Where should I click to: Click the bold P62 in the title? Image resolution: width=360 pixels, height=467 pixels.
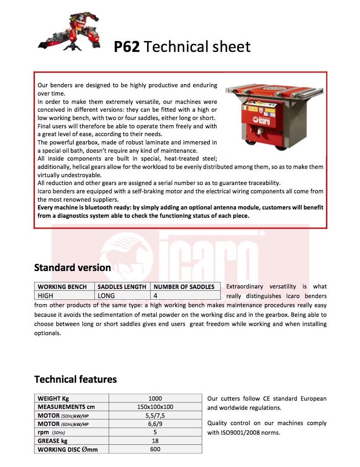pyautogui.click(x=127, y=47)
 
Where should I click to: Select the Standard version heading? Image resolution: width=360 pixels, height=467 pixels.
pyautogui.click(x=73, y=268)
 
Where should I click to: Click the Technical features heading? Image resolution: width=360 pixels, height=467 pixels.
pyautogui.click(x=76, y=379)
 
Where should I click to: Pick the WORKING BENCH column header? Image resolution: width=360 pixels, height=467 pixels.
pyautogui.click(x=65, y=287)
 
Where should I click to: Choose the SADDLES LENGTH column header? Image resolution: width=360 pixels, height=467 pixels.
pyautogui.click(x=122, y=287)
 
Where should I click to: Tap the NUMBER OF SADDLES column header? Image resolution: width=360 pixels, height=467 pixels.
pyautogui.click(x=184, y=287)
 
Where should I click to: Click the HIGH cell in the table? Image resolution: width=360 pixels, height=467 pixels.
pyautogui.click(x=45, y=295)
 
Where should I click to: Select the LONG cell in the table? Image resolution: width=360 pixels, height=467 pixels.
pyautogui.click(x=106, y=295)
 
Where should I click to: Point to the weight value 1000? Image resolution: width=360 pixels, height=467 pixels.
pyautogui.click(x=155, y=398)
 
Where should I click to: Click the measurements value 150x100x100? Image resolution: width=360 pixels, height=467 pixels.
pyautogui.click(x=155, y=407)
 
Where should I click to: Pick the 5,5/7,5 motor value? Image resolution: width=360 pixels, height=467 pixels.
pyautogui.click(x=155, y=415)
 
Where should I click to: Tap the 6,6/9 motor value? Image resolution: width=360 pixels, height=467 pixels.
pyautogui.click(x=155, y=424)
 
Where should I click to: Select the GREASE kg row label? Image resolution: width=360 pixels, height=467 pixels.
pyautogui.click(x=52, y=441)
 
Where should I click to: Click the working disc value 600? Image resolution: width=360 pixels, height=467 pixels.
pyautogui.click(x=155, y=449)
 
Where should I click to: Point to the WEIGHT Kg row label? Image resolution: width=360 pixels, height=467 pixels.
pyautogui.click(x=53, y=398)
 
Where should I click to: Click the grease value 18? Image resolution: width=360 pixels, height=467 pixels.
pyautogui.click(x=155, y=441)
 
